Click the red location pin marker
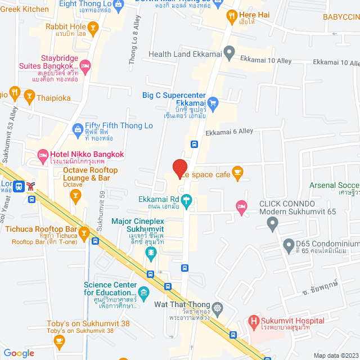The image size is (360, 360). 179,168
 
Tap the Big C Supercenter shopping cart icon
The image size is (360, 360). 212,102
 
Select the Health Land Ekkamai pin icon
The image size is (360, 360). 229,53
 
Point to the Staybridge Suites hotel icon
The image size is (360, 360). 85,68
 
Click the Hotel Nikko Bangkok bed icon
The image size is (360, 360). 42,154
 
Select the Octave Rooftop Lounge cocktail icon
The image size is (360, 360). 75,195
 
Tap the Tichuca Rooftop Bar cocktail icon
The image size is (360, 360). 84,232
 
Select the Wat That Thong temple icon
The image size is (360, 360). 218,308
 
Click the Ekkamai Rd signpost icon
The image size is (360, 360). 187,199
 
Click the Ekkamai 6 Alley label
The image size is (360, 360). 229,132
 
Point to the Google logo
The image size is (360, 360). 19,353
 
